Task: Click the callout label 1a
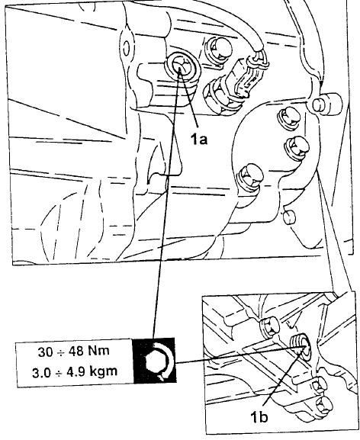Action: coord(199,139)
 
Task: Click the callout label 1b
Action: coord(259,417)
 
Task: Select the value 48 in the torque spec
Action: coord(74,352)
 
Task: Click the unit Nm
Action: coord(98,351)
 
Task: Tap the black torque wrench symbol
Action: coord(155,361)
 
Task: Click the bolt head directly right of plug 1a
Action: coord(219,52)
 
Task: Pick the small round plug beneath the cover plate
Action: coord(288,217)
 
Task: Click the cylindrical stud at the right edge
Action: coord(326,104)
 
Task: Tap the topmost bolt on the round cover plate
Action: coord(288,118)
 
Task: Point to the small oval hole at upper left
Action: coord(127,47)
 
